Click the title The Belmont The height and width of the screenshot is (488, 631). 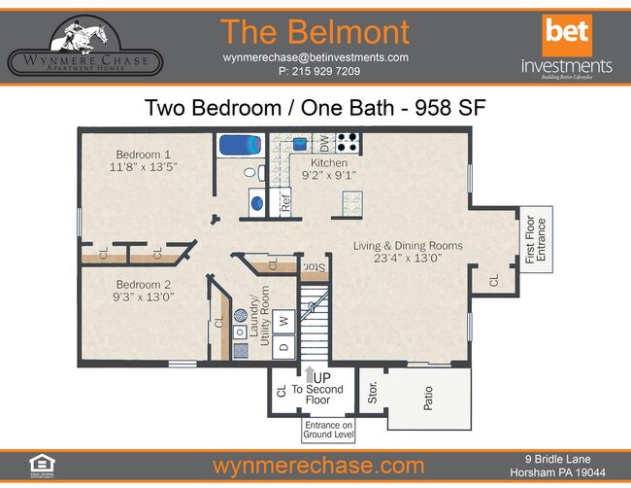click(x=315, y=32)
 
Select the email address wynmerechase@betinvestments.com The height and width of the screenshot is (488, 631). click(x=315, y=57)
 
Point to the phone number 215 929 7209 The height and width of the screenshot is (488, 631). click(x=318, y=72)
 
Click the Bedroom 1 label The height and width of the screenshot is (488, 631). click(x=144, y=154)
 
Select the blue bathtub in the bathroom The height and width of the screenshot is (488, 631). click(x=238, y=145)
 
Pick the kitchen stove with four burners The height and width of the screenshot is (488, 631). click(x=348, y=144)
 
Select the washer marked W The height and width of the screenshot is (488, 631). click(x=284, y=319)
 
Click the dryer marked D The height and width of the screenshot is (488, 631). click(x=284, y=346)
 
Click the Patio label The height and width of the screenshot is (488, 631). click(x=428, y=399)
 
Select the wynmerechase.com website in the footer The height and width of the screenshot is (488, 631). click(x=317, y=465)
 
